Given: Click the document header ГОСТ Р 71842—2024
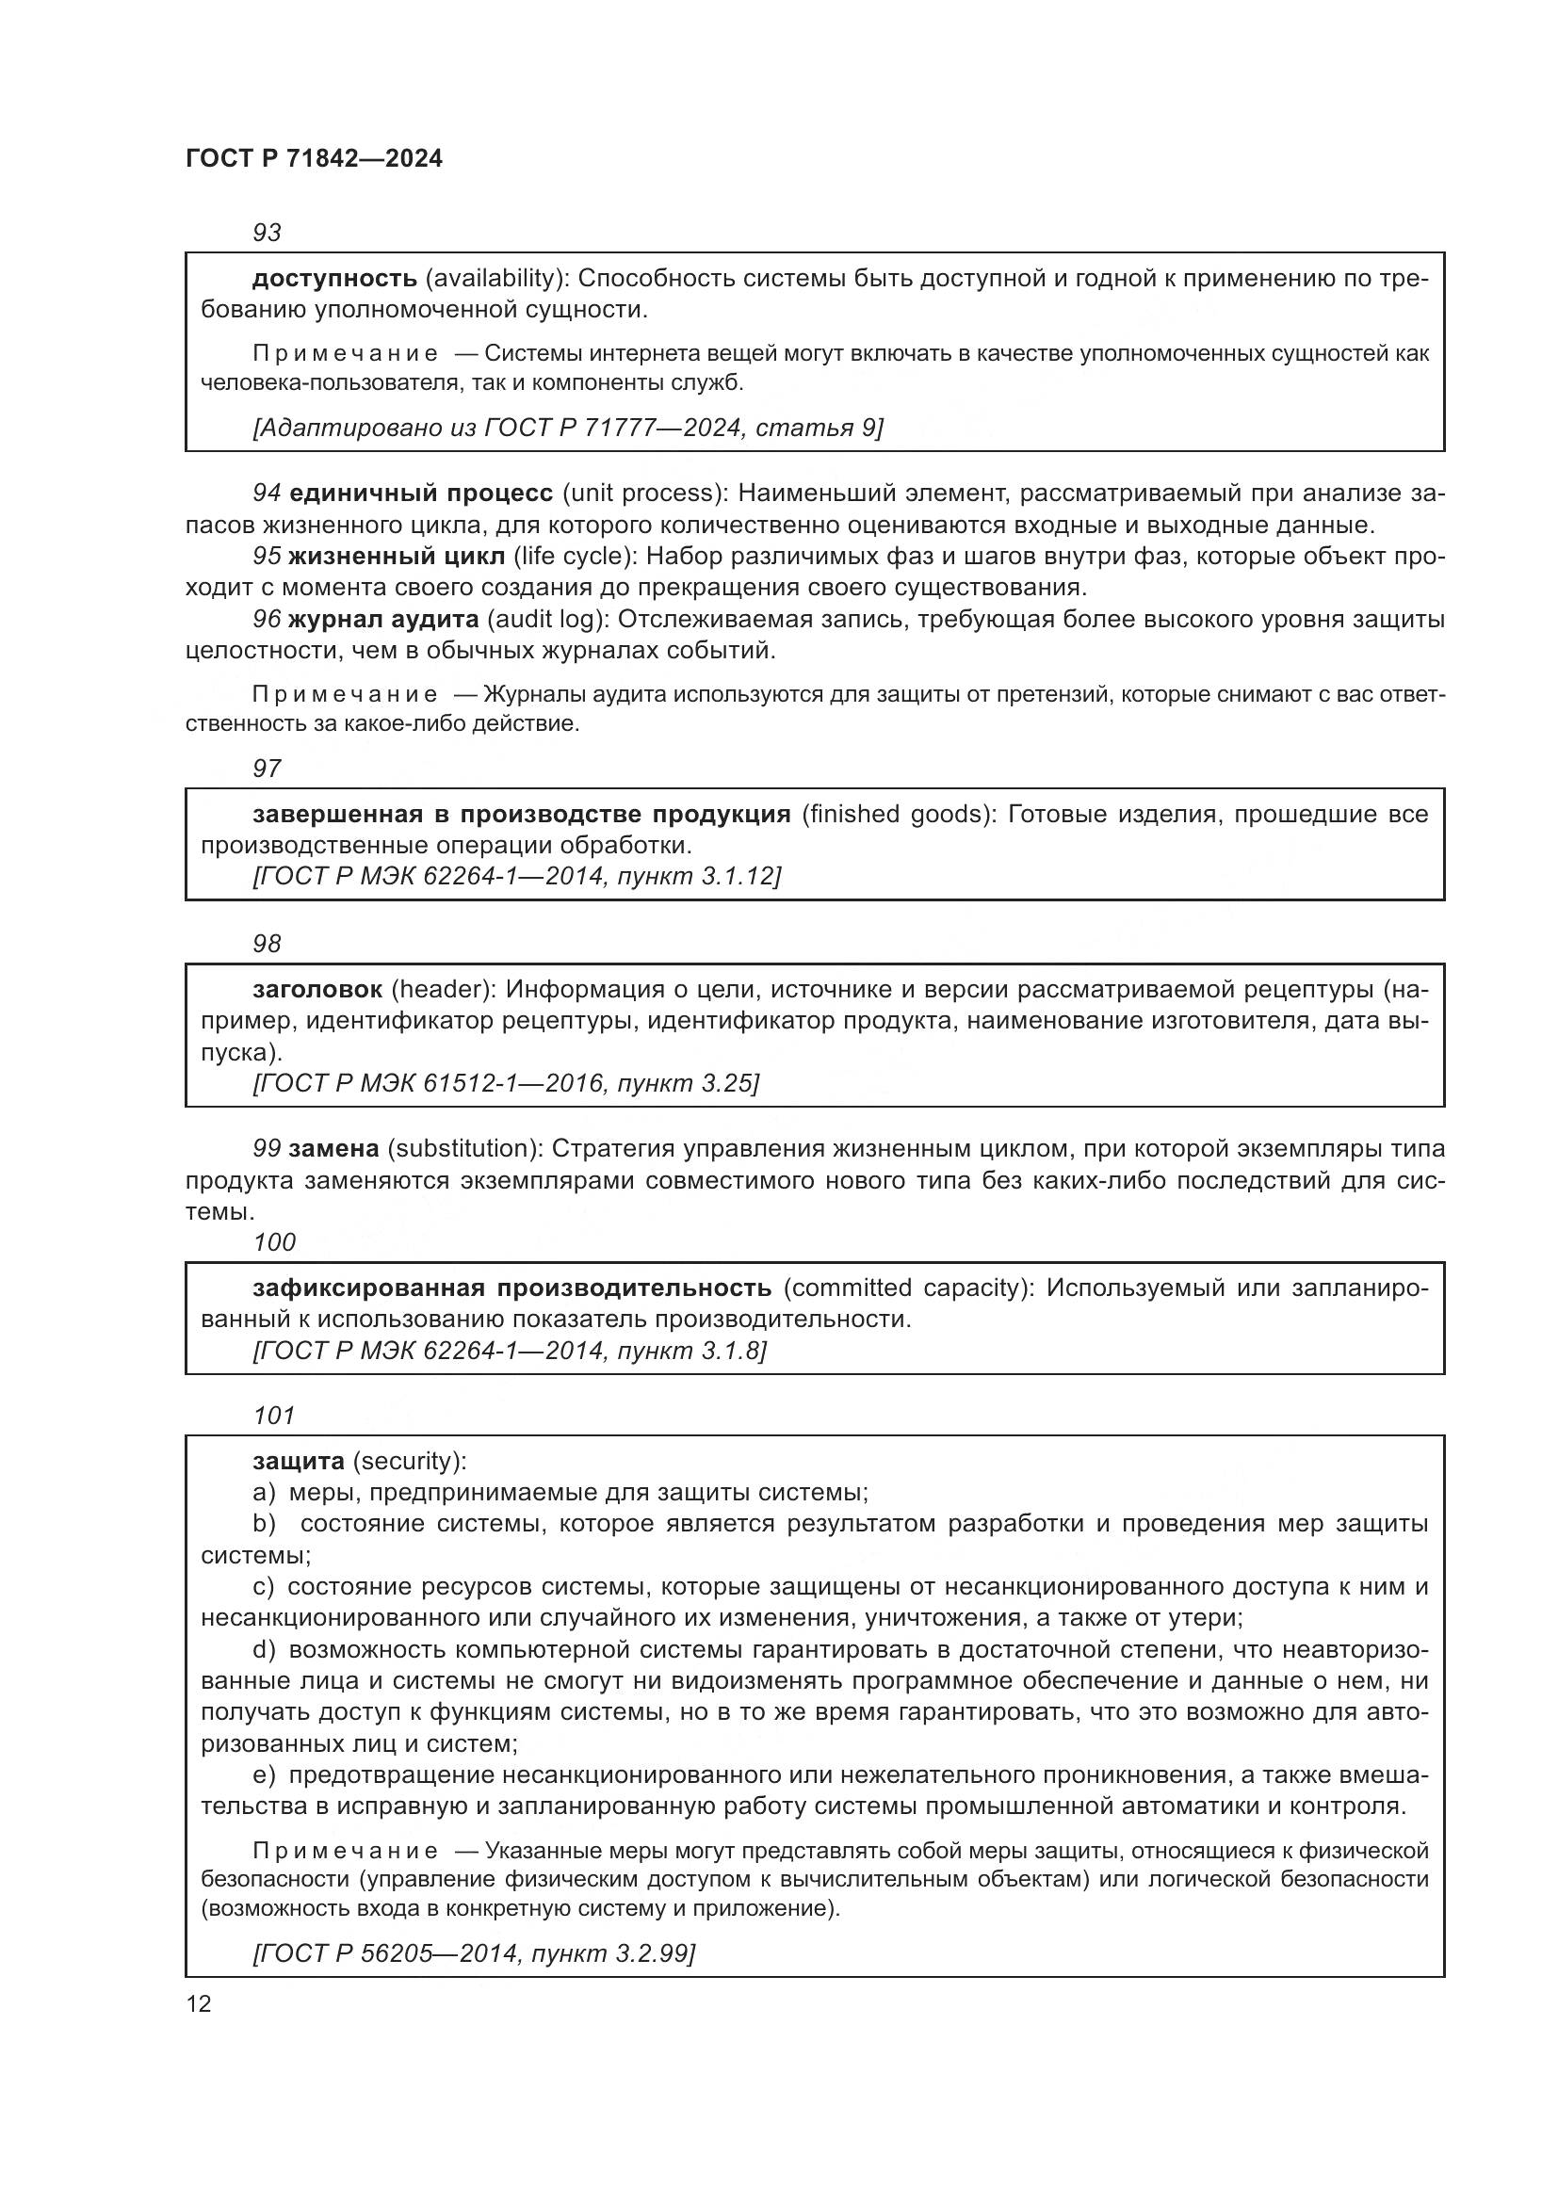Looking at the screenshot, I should (x=314, y=159).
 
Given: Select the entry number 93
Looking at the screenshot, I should (x=267, y=233).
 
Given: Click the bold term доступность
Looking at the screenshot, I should (x=333, y=279).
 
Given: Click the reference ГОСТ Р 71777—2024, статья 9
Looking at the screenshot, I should (x=567, y=428).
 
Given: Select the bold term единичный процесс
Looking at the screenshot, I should (x=420, y=494).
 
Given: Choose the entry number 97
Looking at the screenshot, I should (x=267, y=769).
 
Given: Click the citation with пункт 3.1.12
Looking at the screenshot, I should (x=516, y=876).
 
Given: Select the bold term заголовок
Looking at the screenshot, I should (x=317, y=989).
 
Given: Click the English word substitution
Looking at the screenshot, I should (x=463, y=1148).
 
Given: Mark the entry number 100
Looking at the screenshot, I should (x=274, y=1242).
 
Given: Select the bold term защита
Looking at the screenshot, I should (x=299, y=1462).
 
